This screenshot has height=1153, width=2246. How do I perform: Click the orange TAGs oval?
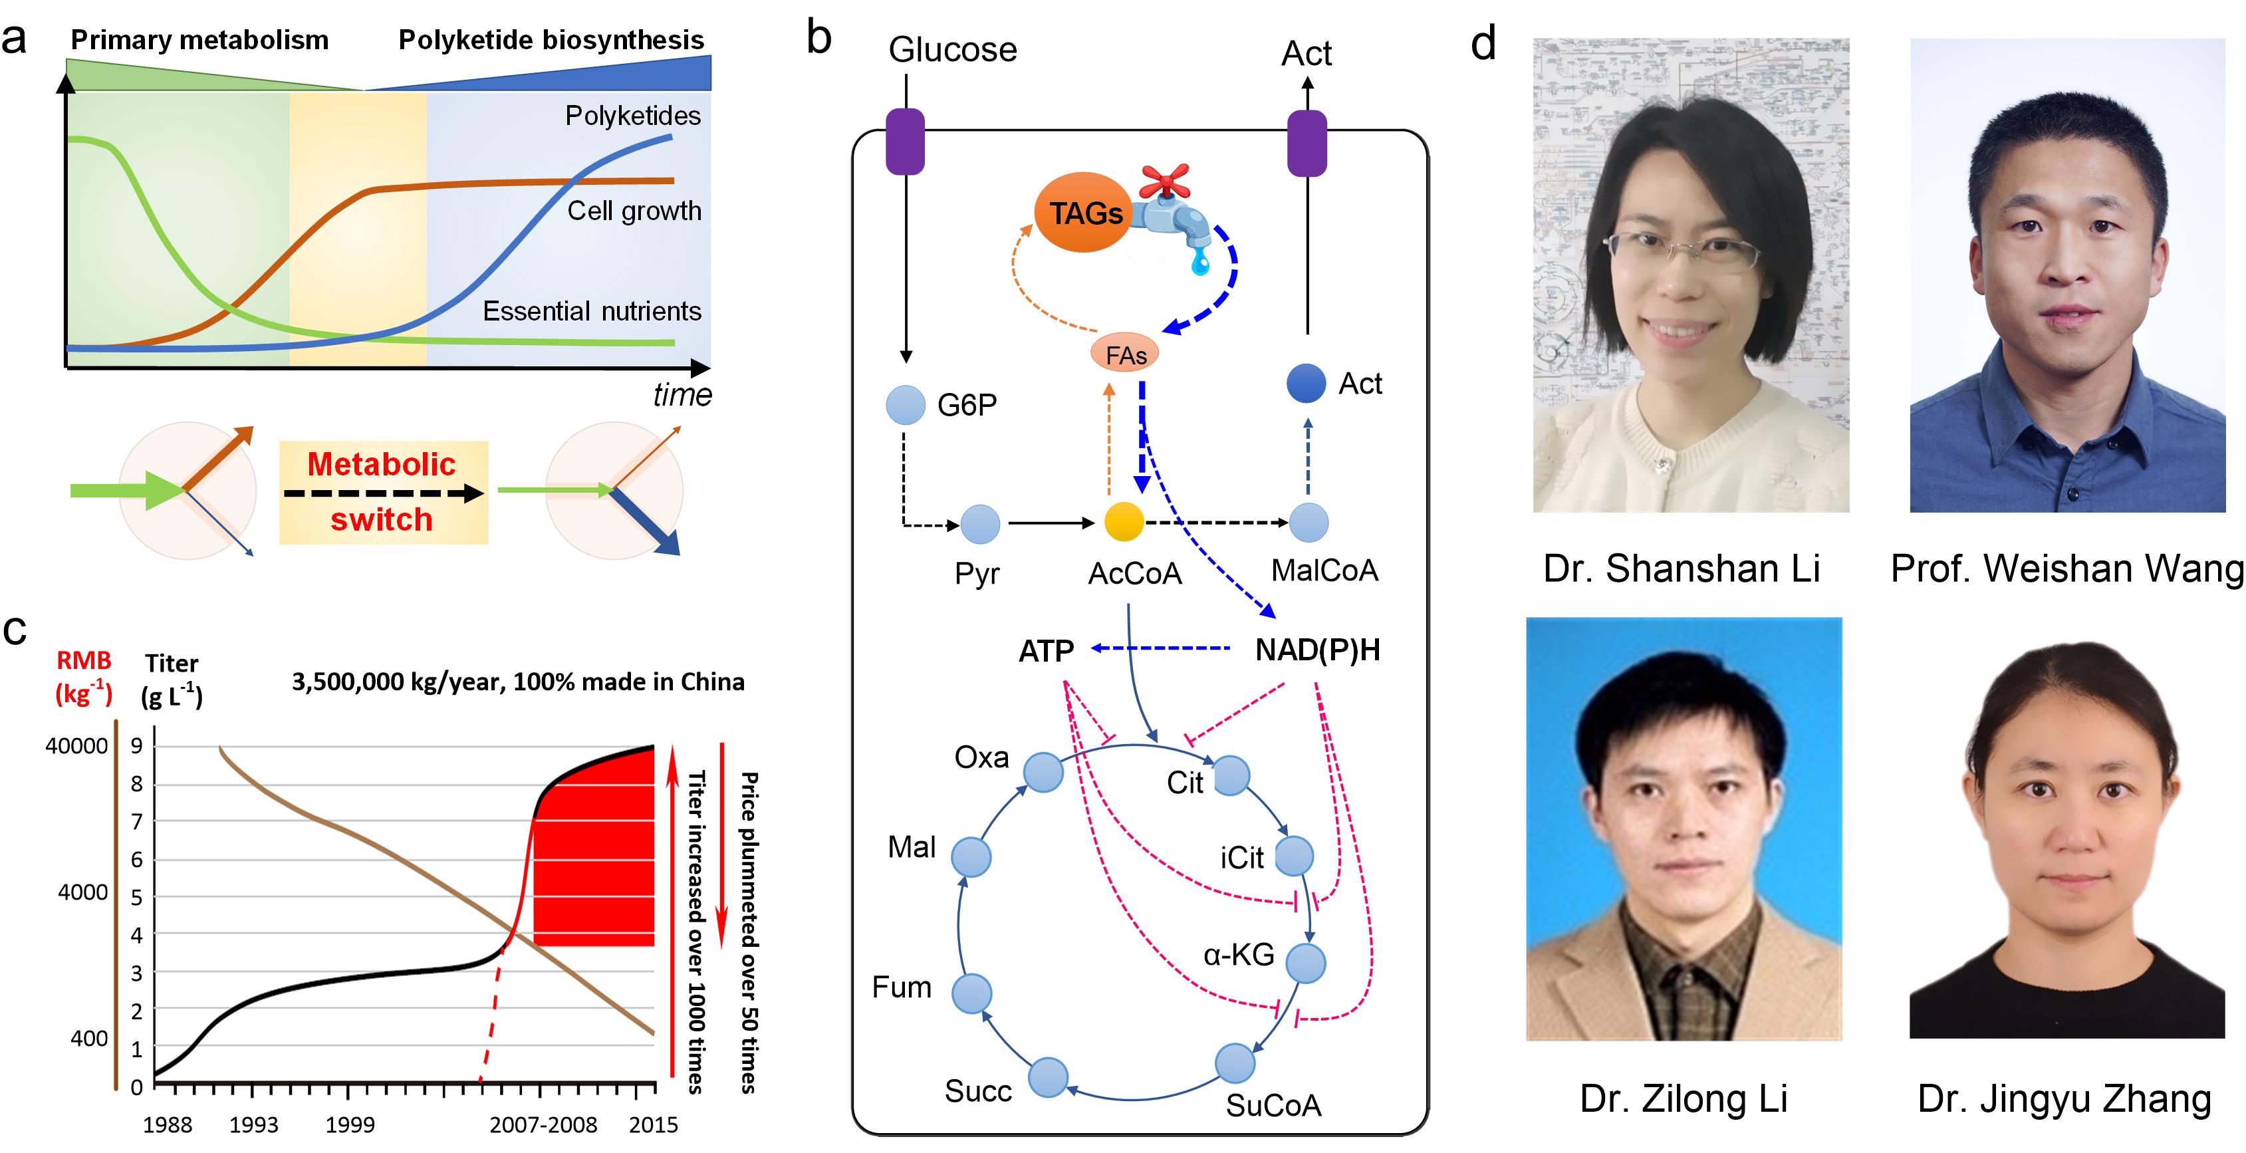1084,212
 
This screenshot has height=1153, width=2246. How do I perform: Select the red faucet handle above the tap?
1164,181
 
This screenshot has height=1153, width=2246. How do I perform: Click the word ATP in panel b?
1047,650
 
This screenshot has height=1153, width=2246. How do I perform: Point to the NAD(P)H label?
1317,650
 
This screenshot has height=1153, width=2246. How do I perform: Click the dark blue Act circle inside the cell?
1306,384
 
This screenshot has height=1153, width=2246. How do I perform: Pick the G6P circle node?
906,406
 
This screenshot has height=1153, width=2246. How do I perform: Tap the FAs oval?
1126,355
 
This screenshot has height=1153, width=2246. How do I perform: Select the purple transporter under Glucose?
905,141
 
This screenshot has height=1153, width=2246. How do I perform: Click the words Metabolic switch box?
383,492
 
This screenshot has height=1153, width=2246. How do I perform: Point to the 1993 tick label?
254,1125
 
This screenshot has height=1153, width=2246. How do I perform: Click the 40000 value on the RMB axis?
76,747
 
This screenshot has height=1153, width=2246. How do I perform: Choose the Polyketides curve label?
632,116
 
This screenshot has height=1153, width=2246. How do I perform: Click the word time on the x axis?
683,395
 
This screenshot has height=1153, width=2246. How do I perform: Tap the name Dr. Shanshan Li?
1681,569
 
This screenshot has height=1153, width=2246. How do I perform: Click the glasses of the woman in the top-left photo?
1681,249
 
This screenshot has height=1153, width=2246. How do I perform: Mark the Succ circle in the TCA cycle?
1048,1078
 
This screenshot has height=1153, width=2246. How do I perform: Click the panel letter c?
15,630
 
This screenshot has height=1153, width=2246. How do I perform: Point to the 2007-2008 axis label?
543,1125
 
